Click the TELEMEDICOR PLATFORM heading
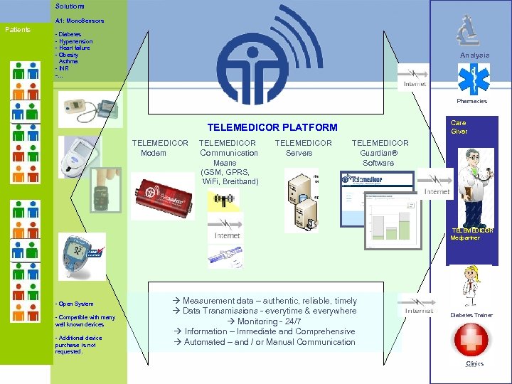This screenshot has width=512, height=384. [272, 128]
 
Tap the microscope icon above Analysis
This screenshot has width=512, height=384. [467, 32]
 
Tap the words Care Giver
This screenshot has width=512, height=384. [459, 127]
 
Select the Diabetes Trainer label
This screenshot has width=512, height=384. [471, 315]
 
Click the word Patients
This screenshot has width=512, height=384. [17, 30]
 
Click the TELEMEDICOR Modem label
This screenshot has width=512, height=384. [160, 148]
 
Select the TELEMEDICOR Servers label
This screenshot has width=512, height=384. [303, 148]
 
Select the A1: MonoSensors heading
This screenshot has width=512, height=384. [80, 21]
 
